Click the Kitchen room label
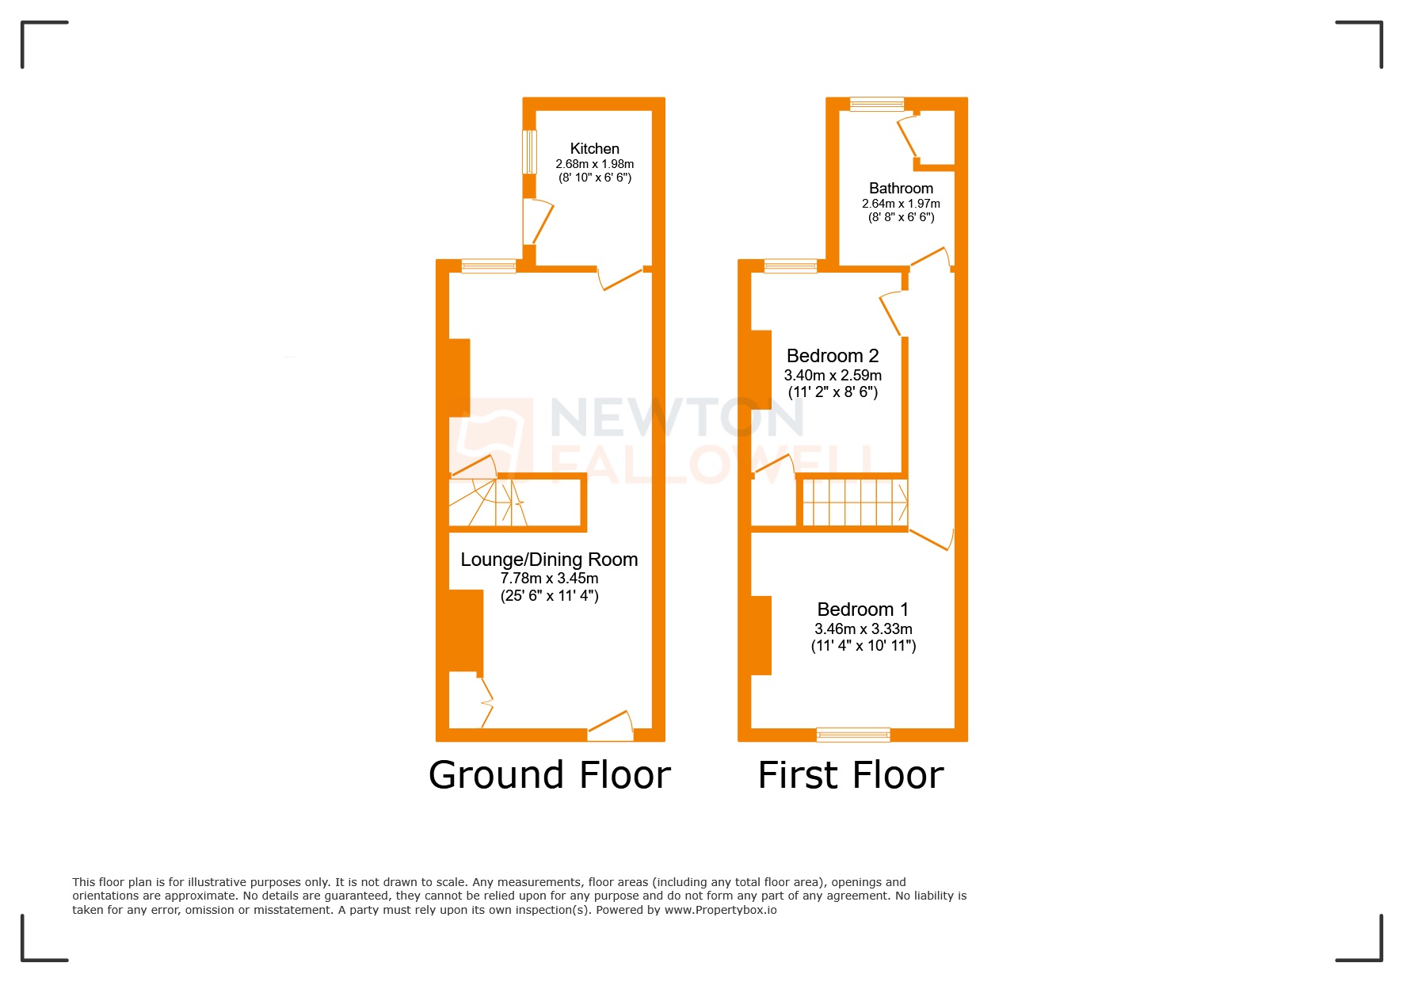click(594, 149)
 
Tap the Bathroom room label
click(901, 189)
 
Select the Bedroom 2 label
click(832, 356)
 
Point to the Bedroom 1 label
click(863, 609)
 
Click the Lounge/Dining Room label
click(549, 560)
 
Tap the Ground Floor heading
click(549, 775)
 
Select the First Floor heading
click(851, 775)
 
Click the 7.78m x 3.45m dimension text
click(549, 579)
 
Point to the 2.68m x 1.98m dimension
click(594, 164)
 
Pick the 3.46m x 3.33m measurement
click(863, 629)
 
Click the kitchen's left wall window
click(529, 151)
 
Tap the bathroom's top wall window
click(876, 104)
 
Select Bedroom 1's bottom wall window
click(853, 735)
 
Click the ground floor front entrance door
click(611, 728)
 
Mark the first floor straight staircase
click(854, 502)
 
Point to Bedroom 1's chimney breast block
click(761, 635)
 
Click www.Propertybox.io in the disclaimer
click(720, 910)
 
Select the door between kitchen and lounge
click(620, 278)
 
